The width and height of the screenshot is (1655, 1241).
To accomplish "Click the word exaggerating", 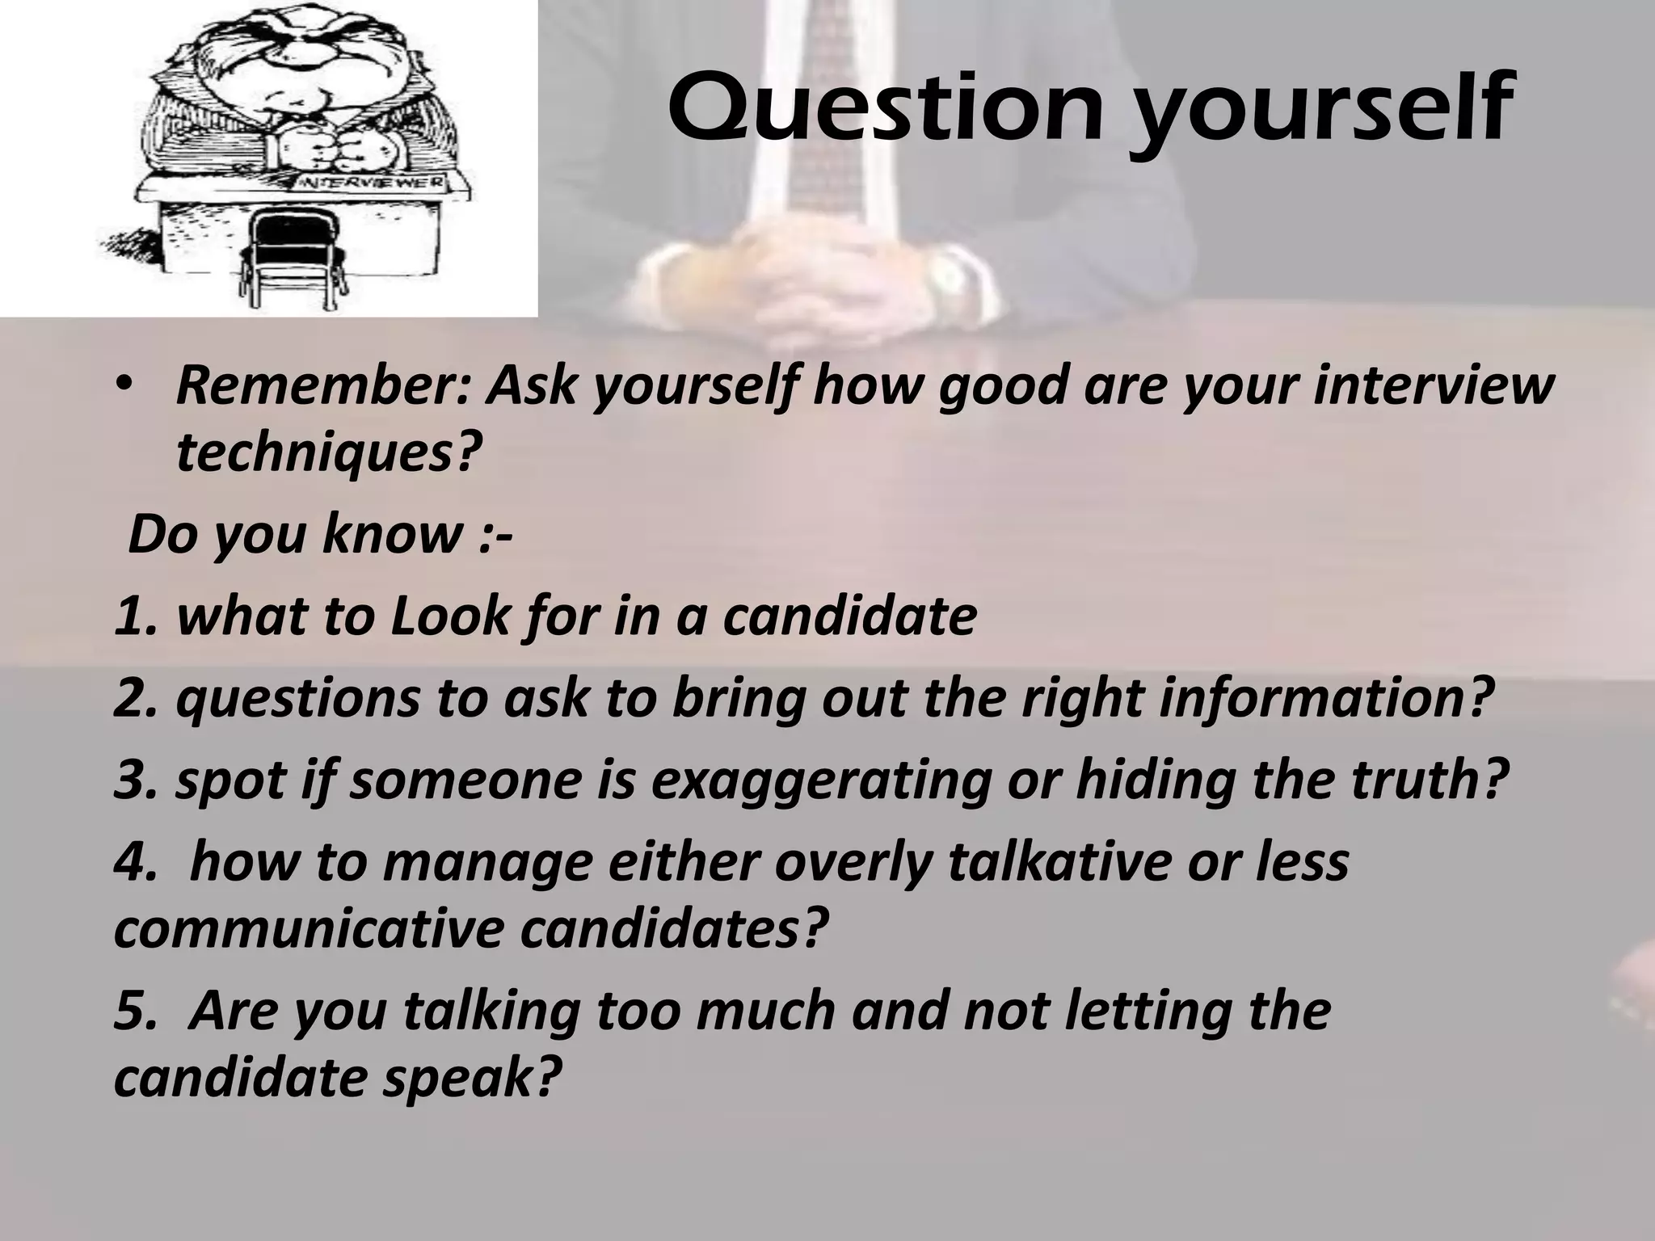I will click(x=819, y=780).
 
